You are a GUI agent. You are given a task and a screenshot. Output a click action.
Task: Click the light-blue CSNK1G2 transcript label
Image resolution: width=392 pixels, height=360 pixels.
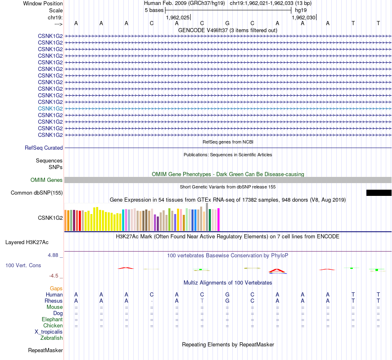point(50,108)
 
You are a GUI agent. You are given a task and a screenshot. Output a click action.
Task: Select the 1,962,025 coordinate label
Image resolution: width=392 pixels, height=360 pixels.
point(177,18)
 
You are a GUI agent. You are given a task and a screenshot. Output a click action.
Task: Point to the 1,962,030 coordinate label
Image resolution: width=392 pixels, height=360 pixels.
point(303,18)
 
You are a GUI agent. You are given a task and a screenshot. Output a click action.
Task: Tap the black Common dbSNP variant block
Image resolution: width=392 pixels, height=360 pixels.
point(378,193)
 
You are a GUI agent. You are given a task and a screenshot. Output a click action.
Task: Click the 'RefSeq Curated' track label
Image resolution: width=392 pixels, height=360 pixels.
point(44,148)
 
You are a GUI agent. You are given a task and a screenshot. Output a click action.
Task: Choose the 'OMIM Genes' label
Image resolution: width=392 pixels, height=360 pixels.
point(47,180)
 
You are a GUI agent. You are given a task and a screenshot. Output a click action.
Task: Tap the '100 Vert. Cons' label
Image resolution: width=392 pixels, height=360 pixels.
point(23,266)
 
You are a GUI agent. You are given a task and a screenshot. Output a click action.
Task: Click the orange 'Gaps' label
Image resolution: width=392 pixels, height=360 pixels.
point(56,289)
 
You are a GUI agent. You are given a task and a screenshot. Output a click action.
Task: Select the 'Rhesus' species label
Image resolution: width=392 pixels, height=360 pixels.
point(54,301)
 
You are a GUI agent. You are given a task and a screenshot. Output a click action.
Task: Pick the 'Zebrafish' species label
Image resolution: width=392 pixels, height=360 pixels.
point(52,338)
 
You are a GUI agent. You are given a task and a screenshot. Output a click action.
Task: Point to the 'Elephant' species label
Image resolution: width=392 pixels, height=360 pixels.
point(52,320)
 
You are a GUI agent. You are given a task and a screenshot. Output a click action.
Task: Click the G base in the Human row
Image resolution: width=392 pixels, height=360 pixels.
point(227,295)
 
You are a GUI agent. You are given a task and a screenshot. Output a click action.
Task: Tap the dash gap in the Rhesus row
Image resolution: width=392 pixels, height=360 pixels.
point(152,301)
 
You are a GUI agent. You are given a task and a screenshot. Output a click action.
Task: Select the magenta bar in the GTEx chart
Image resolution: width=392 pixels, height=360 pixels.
point(218,220)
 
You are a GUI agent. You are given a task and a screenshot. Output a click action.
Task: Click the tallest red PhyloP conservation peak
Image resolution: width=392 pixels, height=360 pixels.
point(277,271)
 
